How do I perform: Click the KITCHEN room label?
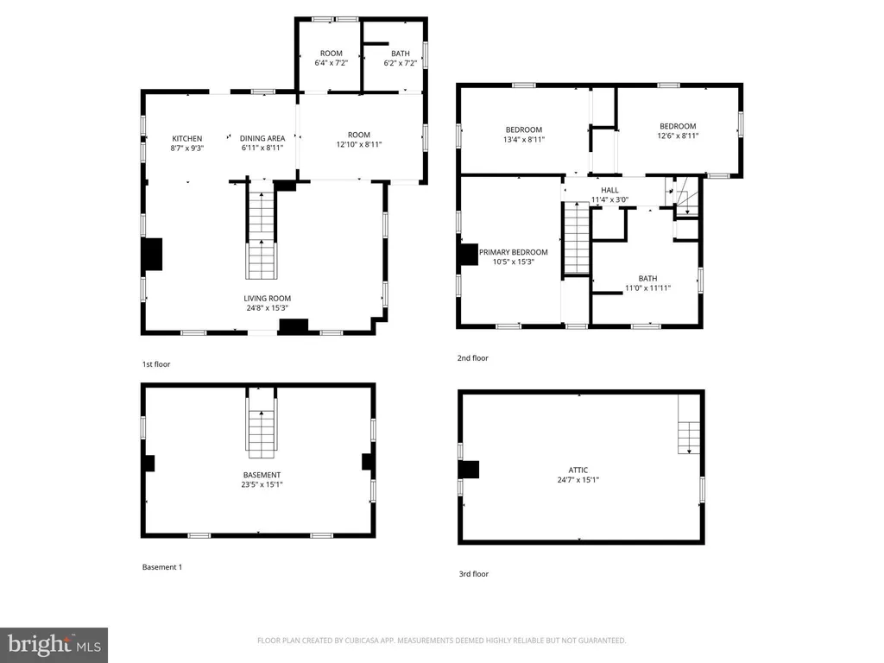(187, 139)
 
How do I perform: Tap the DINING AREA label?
(262, 139)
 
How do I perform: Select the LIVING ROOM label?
(268, 299)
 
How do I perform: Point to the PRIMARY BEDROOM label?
(513, 253)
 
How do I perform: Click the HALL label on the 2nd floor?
(609, 191)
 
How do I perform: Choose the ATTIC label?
(578, 470)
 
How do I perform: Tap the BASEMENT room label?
(262, 476)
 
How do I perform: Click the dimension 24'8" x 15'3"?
(268, 308)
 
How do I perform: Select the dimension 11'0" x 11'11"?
(647, 288)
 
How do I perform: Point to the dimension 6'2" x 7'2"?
(401, 63)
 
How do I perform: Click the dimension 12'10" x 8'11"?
(359, 144)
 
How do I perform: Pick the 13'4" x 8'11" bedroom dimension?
(524, 139)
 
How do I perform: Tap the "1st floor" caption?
(156, 364)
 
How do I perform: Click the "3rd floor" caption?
(474, 574)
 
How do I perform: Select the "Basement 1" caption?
(162, 567)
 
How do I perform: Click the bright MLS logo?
(54, 645)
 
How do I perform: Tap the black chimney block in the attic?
(469, 470)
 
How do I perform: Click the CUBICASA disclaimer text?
(441, 641)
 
